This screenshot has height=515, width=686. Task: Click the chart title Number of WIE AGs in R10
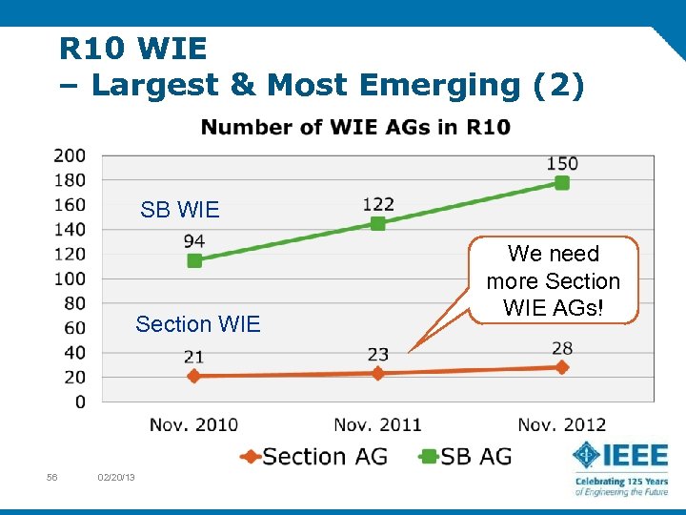[355, 127]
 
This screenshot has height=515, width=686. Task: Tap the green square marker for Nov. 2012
[562, 182]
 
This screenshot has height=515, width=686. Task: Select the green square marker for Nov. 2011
[377, 223]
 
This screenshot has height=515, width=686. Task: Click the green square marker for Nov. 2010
[194, 260]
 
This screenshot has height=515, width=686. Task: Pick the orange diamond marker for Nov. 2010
[194, 376]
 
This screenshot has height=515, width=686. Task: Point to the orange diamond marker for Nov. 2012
[562, 367]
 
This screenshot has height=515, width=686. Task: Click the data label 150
[562, 163]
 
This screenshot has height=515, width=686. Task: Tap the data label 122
[378, 203]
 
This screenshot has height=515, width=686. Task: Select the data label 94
[194, 240]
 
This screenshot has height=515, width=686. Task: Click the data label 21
[194, 357]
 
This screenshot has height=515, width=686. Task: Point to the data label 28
[562, 348]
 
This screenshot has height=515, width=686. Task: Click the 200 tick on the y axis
[70, 155]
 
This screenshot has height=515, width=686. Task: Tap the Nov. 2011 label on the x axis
[377, 424]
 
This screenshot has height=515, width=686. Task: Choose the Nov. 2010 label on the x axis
[194, 424]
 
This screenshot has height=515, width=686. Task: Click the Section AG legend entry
[314, 457]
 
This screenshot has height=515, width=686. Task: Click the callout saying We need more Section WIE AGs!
[553, 281]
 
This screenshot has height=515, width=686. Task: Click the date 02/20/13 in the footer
[116, 477]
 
